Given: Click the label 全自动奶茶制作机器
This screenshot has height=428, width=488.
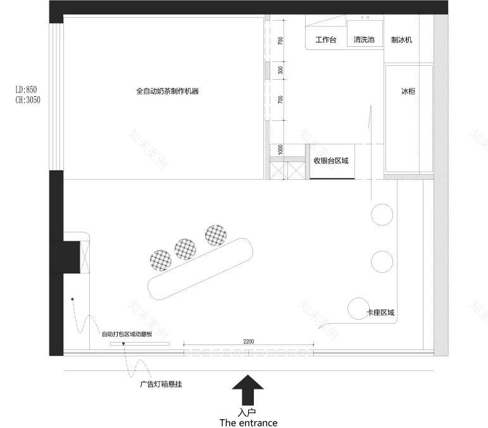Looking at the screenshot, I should (x=167, y=91).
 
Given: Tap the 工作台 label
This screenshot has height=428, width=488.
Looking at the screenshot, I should (x=325, y=40).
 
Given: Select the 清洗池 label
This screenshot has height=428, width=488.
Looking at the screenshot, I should (x=364, y=40).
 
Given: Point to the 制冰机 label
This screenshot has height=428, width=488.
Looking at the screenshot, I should (x=402, y=40).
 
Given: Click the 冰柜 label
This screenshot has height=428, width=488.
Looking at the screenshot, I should (x=408, y=91).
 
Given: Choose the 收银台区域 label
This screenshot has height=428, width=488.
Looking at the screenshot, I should (x=331, y=161).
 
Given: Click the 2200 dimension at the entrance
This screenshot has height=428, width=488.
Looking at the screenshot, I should (x=248, y=342).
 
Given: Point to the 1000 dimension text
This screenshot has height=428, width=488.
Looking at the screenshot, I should (x=280, y=150).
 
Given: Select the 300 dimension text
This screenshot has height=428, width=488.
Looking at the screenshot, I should (x=280, y=70).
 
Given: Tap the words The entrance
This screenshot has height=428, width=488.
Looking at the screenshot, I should (x=248, y=422).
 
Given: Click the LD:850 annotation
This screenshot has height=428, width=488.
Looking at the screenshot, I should (x=27, y=90).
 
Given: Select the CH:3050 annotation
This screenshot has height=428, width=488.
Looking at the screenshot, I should (x=27, y=99).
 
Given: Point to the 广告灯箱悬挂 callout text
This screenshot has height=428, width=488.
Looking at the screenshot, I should (x=161, y=384).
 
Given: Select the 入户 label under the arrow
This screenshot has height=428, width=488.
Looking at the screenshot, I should (x=248, y=412).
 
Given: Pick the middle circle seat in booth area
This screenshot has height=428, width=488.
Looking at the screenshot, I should (x=382, y=260).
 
